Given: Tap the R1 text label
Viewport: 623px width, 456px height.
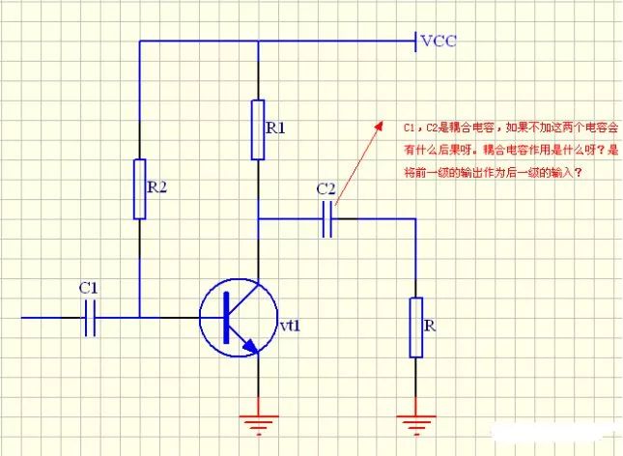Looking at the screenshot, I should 276,128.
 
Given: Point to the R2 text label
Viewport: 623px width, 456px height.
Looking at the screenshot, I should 157,187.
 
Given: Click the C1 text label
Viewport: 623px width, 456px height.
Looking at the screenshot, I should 88,288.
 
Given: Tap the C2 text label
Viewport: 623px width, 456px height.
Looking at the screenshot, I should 326,188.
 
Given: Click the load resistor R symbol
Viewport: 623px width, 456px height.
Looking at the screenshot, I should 415,328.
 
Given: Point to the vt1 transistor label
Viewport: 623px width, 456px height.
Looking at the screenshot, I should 291,325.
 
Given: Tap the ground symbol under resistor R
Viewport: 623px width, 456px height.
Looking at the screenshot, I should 415,423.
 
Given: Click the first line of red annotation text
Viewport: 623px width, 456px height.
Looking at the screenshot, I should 506,128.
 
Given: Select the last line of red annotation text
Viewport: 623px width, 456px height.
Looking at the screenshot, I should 494,172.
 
